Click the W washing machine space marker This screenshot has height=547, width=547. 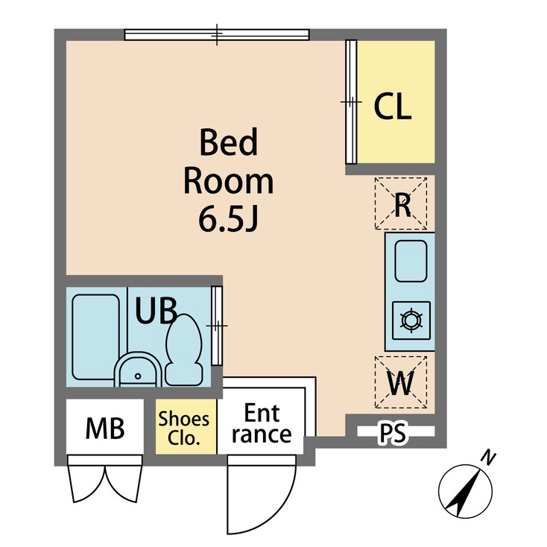pyautogui.click(x=401, y=383)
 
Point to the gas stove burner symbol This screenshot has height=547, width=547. pyautogui.click(x=410, y=320)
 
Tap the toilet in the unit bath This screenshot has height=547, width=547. pyautogui.click(x=183, y=347)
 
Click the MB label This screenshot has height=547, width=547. pyautogui.click(x=104, y=428)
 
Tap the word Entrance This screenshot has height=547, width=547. pyautogui.click(x=261, y=425)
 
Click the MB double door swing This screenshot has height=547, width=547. pyautogui.click(x=104, y=481)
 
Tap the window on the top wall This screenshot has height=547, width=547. pyautogui.click(x=216, y=34)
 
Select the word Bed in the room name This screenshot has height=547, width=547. pyautogui.click(x=228, y=143)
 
